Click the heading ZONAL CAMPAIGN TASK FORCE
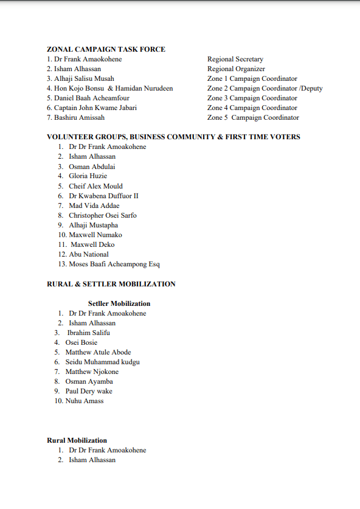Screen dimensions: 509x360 coord(106,49)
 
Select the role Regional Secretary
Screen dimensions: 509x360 coord(235,59)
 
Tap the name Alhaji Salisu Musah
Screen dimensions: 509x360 coord(84,78)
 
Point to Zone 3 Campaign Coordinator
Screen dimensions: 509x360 coord(252,98)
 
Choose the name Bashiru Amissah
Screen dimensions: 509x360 coord(79,117)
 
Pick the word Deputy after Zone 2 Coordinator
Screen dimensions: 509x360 coord(311,88)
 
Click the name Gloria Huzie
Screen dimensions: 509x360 coord(88,176)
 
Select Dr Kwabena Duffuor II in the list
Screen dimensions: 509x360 coord(103,196)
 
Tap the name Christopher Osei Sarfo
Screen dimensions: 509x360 coord(102,215)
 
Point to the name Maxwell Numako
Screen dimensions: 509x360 coord(95,235)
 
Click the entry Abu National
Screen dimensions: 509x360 coord(89,254)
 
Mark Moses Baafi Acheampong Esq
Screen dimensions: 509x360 coord(114,264)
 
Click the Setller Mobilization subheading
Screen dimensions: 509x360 coord(119,303)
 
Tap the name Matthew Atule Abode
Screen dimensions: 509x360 coord(98,352)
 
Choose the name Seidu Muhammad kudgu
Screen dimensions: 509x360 coord(102,362)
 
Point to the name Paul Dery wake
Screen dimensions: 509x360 coord(89,391)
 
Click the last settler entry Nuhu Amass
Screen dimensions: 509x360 coord(85,401)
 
